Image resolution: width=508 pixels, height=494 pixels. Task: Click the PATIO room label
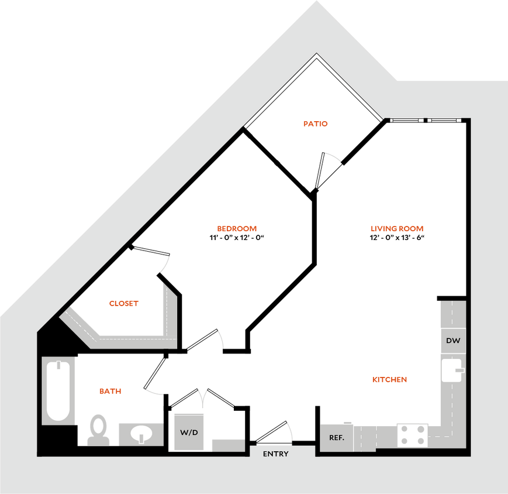(x=316, y=124)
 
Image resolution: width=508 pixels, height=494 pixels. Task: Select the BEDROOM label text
(x=237, y=229)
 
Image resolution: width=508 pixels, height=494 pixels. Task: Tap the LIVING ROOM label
(x=396, y=229)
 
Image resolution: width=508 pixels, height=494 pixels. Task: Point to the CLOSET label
(x=124, y=304)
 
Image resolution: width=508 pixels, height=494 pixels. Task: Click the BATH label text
(x=110, y=391)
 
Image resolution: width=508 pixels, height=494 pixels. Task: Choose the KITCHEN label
(x=390, y=380)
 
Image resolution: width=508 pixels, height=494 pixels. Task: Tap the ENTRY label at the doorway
(x=275, y=454)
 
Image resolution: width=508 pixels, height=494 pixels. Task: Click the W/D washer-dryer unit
(x=189, y=432)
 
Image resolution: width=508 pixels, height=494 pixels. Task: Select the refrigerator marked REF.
(x=336, y=437)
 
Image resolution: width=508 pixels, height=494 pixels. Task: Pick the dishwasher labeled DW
(x=452, y=341)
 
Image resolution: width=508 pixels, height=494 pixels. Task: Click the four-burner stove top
(x=412, y=435)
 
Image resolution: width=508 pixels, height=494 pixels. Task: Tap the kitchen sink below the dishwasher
(x=452, y=370)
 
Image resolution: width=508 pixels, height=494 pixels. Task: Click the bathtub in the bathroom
(x=58, y=390)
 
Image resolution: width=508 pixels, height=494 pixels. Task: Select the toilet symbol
(x=98, y=429)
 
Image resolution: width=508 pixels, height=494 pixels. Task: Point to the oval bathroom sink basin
(x=141, y=434)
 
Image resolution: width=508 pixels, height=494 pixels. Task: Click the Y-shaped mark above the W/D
(x=203, y=398)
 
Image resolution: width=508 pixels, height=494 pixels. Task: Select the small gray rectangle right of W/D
(x=228, y=445)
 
